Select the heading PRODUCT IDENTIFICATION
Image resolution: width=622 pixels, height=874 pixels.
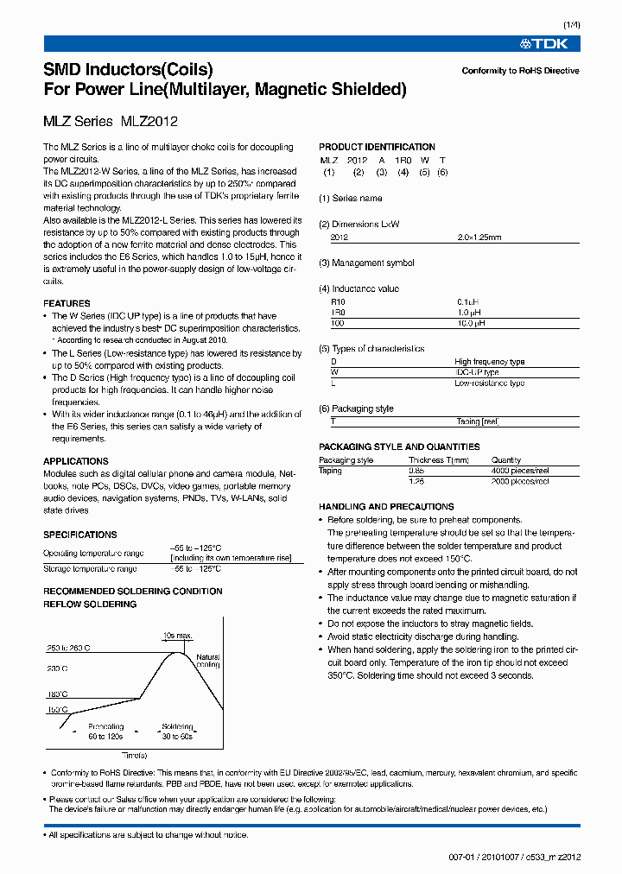pos(377,147)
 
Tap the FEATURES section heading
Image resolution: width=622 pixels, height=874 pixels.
pos(67,304)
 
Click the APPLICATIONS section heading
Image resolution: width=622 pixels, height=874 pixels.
pos(76,461)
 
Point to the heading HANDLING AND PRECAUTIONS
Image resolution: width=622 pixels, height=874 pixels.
pos(386,506)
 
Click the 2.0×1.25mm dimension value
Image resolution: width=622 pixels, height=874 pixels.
pos(479,237)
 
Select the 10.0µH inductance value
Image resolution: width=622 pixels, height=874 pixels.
pos(471,322)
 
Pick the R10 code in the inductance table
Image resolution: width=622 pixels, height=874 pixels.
pos(338,301)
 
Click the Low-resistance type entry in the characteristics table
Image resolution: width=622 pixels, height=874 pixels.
pos(489,383)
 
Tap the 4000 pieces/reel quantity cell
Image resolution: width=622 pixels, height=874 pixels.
pos(520,471)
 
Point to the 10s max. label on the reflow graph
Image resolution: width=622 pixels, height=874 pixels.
pos(178,635)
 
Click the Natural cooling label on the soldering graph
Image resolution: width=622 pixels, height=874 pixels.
pos(208,661)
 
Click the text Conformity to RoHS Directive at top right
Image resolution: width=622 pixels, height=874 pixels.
pos(520,71)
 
